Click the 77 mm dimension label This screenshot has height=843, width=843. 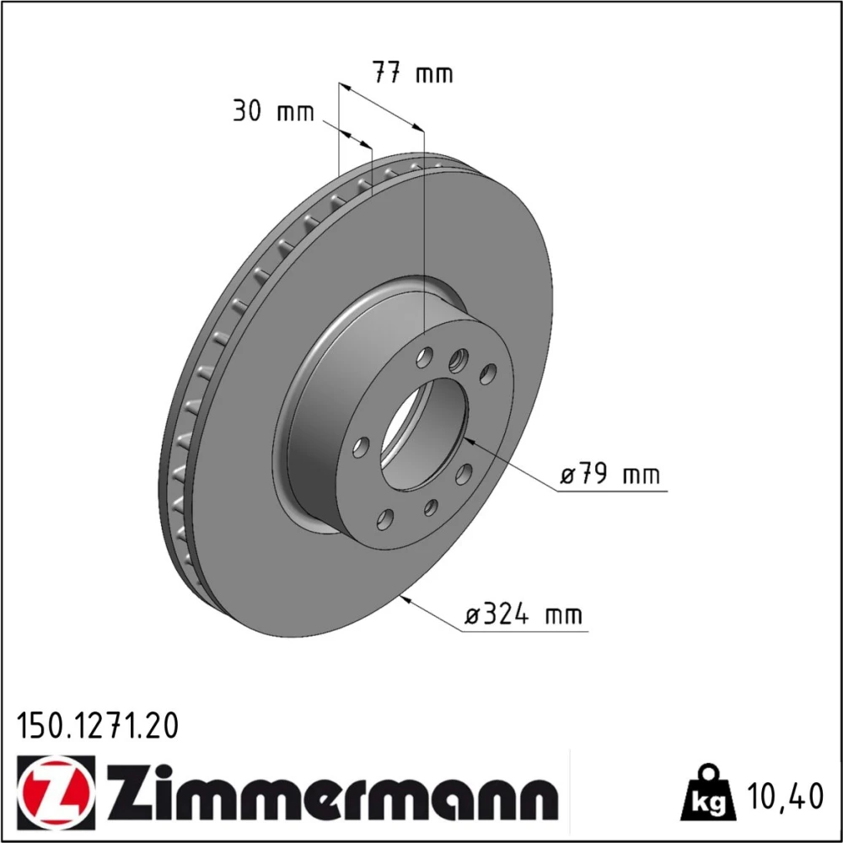click(413, 72)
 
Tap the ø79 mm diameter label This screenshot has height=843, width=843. click(609, 474)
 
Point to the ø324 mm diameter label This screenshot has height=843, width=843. click(524, 614)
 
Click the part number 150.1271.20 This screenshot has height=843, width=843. click(98, 727)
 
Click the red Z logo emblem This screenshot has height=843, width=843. click(56, 792)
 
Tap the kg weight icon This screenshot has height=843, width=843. click(707, 793)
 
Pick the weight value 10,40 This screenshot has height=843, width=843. click(784, 796)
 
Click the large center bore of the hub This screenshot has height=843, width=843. click(423, 433)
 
